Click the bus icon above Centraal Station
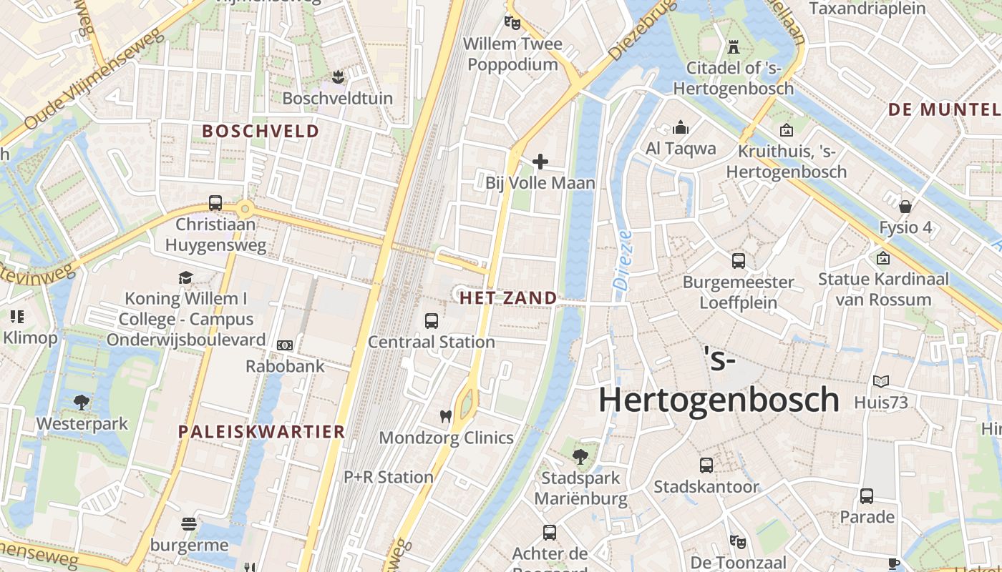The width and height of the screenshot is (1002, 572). coord(431,321)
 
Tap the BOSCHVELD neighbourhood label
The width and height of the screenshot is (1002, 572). coord(261,132)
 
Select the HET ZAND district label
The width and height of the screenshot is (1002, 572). coord(508,298)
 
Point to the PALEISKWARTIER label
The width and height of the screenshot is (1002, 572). coord(262,432)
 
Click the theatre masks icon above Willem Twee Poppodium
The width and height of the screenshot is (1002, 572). coord(512,23)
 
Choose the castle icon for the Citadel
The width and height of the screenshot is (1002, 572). coord(733,47)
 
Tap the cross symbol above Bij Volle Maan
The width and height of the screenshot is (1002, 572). coord(540,162)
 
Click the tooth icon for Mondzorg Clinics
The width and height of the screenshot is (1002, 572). coord(445,416)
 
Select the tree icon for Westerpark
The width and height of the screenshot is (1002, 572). coord(82,403)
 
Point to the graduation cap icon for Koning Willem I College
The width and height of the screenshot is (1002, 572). coord(186,277)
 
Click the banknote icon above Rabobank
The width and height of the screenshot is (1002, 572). coord(285,345)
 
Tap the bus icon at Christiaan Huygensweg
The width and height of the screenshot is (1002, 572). coord(215,203)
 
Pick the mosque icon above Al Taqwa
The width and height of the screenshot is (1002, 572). coord(681,128)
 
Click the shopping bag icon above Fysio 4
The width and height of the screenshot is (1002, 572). coord(905,207)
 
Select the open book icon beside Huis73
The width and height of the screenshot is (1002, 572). coord(880,382)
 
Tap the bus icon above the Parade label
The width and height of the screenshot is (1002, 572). coord(867,495)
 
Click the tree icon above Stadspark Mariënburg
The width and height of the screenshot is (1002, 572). coord(580,456)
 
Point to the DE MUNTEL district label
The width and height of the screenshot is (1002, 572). coord(943,110)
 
